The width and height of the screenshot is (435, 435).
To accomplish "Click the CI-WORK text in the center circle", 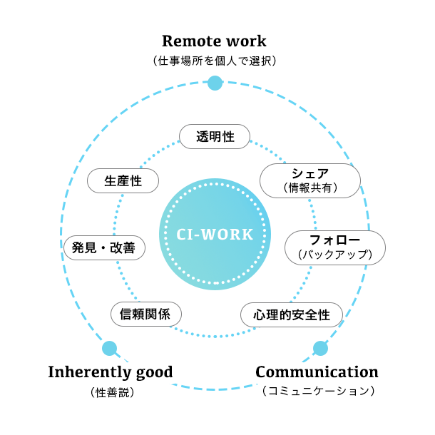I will point(215,234).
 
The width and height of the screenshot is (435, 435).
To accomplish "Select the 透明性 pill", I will point(215,136).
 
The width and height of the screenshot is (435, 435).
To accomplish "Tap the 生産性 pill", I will point(123,181).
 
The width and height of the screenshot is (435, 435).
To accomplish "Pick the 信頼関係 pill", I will point(145,314).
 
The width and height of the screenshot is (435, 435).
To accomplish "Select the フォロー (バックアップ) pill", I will point(334,247).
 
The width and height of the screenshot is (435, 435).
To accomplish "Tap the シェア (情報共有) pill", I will point(309,180).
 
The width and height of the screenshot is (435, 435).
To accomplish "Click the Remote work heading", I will point(214,40).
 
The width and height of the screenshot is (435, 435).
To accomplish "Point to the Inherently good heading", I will point(111,372).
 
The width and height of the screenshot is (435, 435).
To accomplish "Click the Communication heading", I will point(317,372).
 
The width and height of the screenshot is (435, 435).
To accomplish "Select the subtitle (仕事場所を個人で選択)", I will point(215,61).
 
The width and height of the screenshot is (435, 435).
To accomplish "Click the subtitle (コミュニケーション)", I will point(317,391).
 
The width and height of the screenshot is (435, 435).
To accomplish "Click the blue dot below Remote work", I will point(215,83).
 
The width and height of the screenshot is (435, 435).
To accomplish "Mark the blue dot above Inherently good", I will point(109,348).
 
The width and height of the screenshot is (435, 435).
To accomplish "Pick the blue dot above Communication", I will point(321,348).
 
